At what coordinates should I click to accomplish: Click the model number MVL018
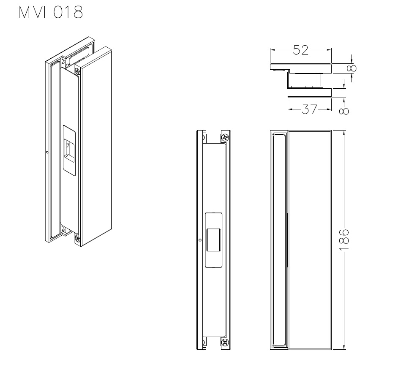(x=51, y=12)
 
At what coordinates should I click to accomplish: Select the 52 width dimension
(x=301, y=50)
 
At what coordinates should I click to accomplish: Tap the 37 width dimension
(x=309, y=109)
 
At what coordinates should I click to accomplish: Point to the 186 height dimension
(x=344, y=239)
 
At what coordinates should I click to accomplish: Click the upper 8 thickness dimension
(x=352, y=68)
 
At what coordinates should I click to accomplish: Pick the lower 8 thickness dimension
(x=344, y=111)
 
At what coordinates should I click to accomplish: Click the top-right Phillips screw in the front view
(x=225, y=137)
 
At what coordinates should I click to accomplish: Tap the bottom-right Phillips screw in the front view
(x=225, y=342)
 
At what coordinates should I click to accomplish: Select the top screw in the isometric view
(x=77, y=71)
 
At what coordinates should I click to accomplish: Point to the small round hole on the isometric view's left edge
(x=47, y=152)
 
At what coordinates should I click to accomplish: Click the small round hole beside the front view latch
(x=200, y=240)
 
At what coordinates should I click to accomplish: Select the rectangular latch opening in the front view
(x=213, y=240)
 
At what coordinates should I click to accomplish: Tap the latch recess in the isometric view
(x=69, y=150)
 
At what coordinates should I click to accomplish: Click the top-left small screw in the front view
(x=204, y=138)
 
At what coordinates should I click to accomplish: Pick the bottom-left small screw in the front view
(x=204, y=342)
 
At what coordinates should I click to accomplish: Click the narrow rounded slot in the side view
(x=279, y=240)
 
